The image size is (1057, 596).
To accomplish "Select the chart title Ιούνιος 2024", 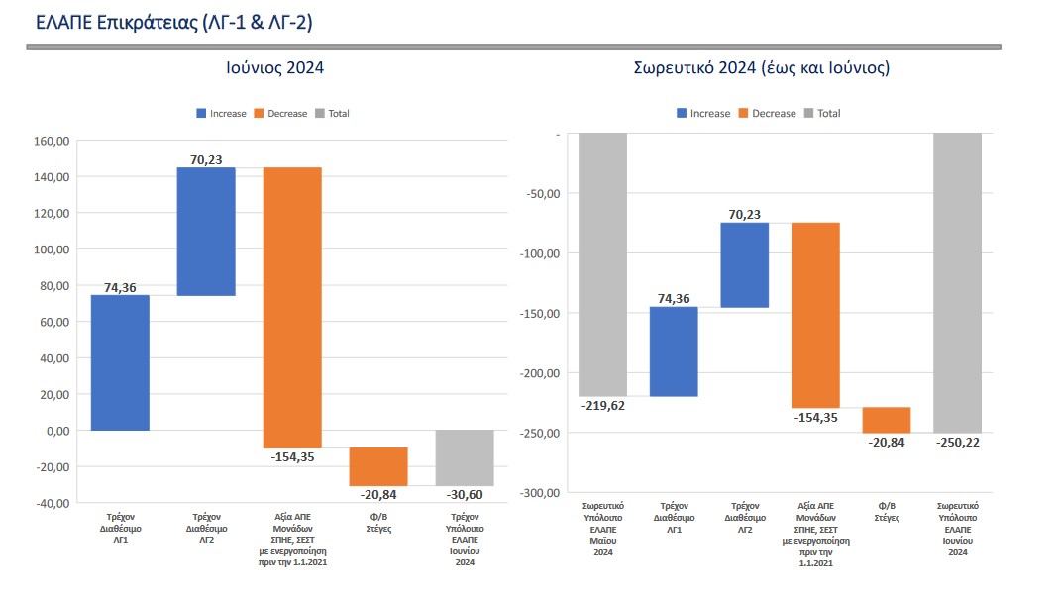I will [x=273, y=68].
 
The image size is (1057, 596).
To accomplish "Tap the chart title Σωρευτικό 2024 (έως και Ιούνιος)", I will [x=761, y=68].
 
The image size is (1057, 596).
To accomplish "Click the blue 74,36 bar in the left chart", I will [x=120, y=362].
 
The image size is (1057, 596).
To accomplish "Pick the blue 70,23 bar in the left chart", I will [x=206, y=232].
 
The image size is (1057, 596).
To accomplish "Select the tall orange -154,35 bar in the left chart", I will [x=292, y=308].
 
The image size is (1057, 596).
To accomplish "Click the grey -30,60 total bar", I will [x=465, y=457].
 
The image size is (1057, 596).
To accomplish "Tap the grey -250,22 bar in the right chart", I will [x=957, y=282].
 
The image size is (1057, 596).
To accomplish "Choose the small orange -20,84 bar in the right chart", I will [x=887, y=420].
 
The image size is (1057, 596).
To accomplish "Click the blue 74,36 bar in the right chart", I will [x=674, y=351].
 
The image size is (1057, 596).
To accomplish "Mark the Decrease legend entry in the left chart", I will [x=281, y=114].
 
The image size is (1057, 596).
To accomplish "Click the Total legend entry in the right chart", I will [x=821, y=114].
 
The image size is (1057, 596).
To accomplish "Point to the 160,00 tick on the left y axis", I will [x=52, y=141].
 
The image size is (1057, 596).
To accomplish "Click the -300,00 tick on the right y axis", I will [x=541, y=493].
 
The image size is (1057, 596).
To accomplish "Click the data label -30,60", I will [x=464, y=495].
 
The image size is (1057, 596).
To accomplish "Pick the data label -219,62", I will [x=602, y=406].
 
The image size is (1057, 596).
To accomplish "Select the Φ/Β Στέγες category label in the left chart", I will [x=378, y=523].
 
